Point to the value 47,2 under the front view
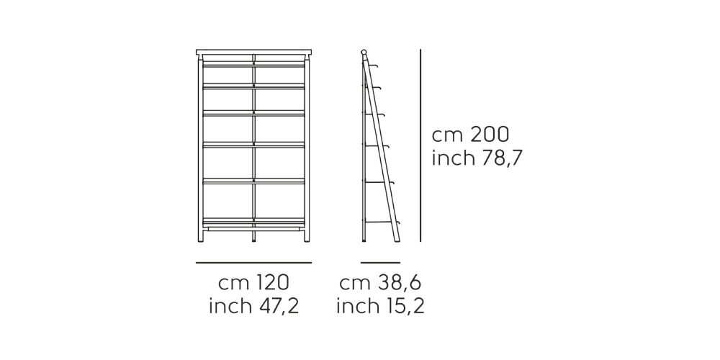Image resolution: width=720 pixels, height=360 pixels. coord(274,306)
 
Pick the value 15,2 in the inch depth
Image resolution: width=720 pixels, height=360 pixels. coord(401,306)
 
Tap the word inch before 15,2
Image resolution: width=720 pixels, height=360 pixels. coord(356,306)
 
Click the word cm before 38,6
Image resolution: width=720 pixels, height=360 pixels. coord(354,282)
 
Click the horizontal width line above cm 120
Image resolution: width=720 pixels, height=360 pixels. coord(253,263)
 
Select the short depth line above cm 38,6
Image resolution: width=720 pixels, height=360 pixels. coord(380,263)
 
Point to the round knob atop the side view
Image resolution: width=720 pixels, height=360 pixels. coord(364,52)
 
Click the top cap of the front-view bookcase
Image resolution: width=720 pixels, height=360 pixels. coord(253,53)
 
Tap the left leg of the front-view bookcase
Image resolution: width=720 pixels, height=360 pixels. coord(199,234)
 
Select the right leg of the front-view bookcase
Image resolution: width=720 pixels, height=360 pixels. coord(308,234)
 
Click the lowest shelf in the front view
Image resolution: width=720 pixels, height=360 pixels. coord(253,219)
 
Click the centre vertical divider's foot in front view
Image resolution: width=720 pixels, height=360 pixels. coord(253,237)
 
